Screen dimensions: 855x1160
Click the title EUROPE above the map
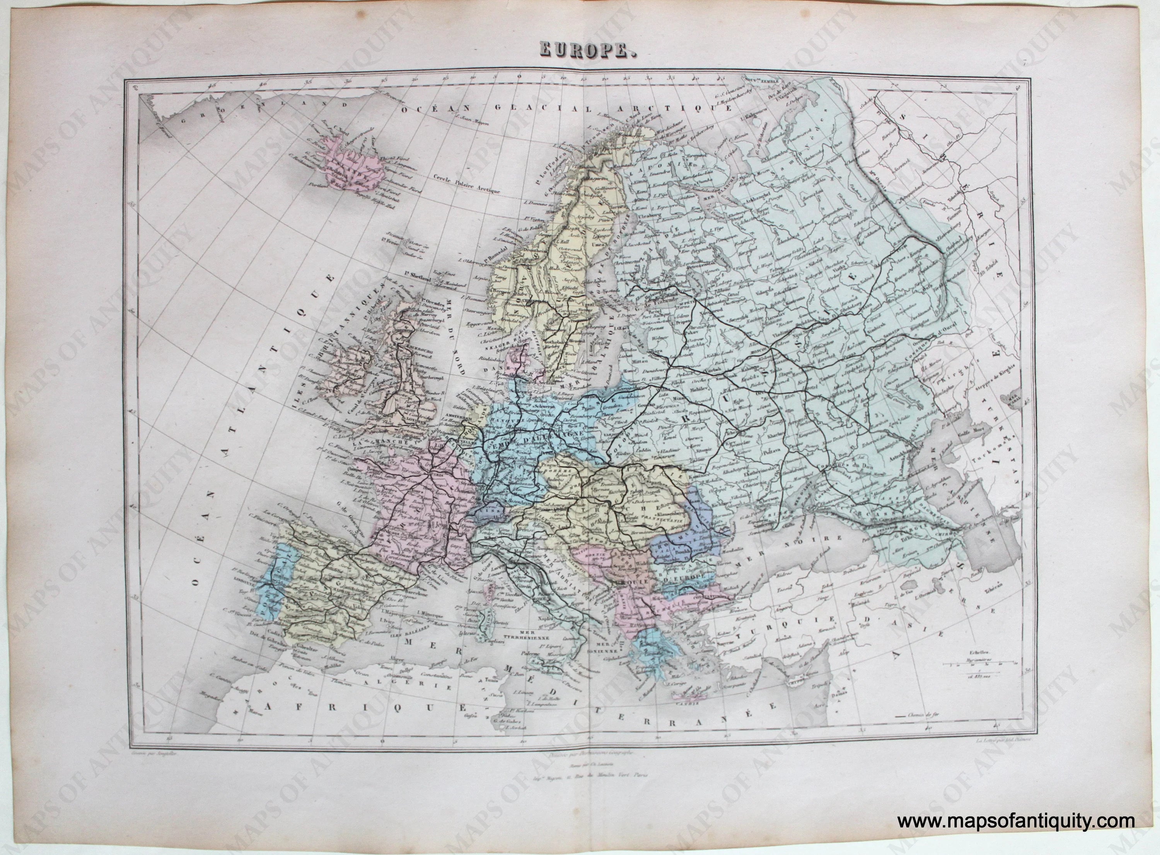click(579, 50)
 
